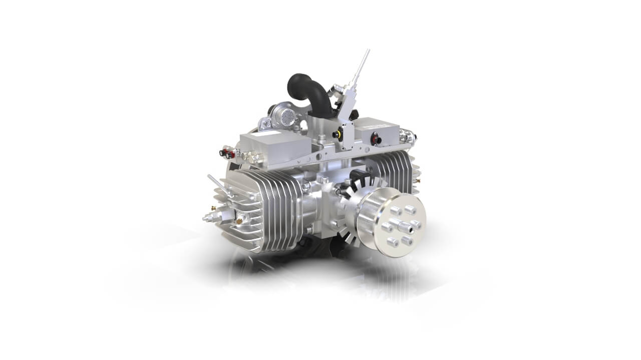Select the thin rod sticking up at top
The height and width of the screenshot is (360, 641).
tap(362, 65)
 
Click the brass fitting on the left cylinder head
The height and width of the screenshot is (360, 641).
tap(240, 219)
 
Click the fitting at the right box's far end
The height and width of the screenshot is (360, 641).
tap(409, 135)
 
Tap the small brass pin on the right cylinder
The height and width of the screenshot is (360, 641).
tap(417, 180)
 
